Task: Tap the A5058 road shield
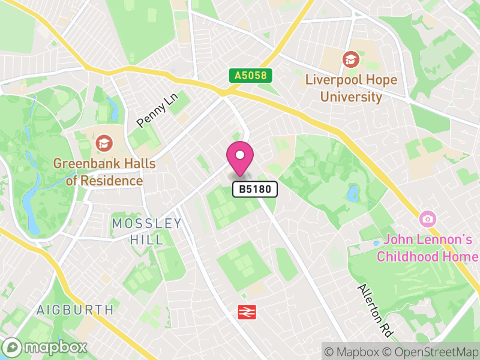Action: coord(251,76)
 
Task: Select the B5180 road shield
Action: coord(256,190)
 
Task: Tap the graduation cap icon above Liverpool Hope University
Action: coord(350,59)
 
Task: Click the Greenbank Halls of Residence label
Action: coord(104,172)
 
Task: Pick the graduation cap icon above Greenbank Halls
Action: coord(104,143)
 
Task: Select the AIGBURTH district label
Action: coord(74,310)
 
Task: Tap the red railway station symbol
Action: coord(247,311)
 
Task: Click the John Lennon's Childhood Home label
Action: coord(427,248)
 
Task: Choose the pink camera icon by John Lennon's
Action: coord(427,218)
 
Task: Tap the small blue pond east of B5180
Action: coord(353,193)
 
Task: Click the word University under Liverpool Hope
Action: coord(351,97)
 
